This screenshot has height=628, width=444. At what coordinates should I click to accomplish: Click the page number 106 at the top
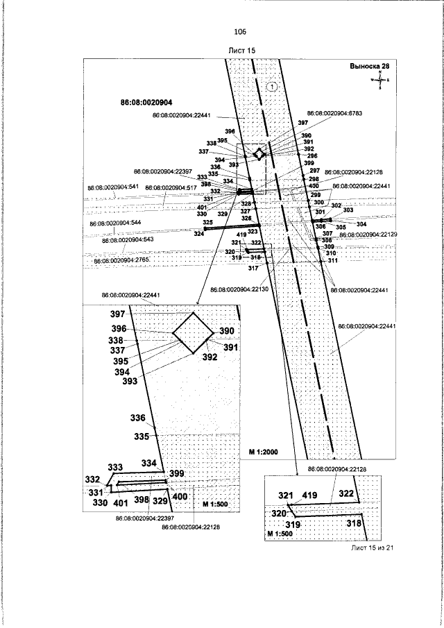coord(241,32)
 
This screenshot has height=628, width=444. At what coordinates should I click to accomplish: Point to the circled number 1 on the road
coord(271,87)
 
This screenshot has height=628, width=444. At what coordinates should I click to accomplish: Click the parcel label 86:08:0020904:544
coord(116,223)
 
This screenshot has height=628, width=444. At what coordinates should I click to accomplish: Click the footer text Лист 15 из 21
coord(373,548)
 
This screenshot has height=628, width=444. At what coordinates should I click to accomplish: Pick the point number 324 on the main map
coord(199,235)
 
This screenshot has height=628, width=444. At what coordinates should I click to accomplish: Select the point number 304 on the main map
coord(361,224)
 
